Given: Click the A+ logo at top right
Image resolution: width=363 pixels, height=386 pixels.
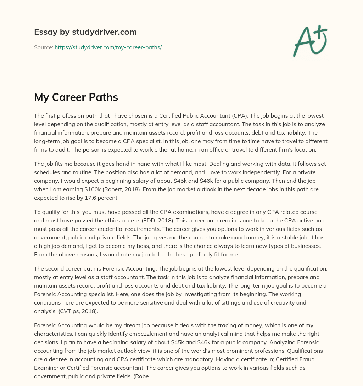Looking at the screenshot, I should (x=309, y=41).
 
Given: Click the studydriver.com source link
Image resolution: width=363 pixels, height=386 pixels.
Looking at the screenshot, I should (x=108, y=47).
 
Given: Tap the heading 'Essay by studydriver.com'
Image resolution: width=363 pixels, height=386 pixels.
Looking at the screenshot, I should (x=85, y=32).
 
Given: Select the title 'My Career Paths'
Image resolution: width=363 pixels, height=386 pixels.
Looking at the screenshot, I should (x=76, y=97).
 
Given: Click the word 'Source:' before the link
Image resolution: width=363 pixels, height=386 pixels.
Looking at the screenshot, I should (x=43, y=47).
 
